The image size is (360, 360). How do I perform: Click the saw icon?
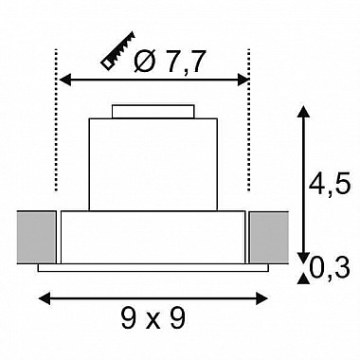pyautogui.click(x=117, y=50)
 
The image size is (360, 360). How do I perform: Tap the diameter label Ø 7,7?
pyautogui.click(x=168, y=62)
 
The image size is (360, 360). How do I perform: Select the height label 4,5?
pyautogui.click(x=330, y=185)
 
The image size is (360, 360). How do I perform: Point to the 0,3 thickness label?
pyautogui.click(x=330, y=268)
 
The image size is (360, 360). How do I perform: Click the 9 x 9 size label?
pyautogui.click(x=153, y=318)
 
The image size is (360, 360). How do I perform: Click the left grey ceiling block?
pyautogui.click(x=36, y=238)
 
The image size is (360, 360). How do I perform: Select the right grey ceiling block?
pyautogui.click(x=269, y=238)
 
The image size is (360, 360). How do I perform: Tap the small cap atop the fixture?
pyautogui.click(x=153, y=112)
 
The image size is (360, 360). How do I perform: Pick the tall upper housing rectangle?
pyautogui.click(x=153, y=164)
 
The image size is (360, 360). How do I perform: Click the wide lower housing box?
pyautogui.click(x=153, y=237)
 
